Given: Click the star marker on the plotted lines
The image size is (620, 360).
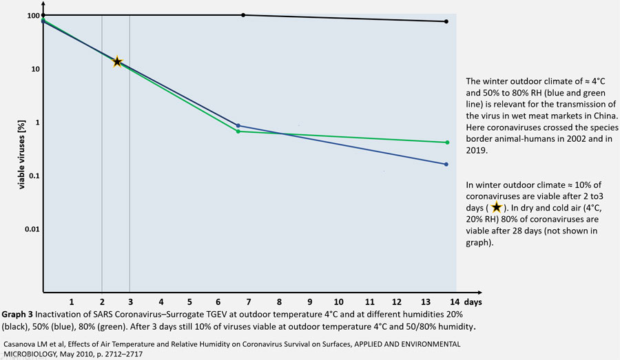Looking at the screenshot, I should (118, 62).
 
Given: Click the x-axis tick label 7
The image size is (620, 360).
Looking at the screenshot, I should (249, 302).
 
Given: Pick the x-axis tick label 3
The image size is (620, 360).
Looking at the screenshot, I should (131, 302).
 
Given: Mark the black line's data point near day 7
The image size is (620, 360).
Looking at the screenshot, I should (243, 15).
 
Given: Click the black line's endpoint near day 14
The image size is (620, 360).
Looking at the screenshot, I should (446, 21).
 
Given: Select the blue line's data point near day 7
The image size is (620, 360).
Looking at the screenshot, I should (238, 125).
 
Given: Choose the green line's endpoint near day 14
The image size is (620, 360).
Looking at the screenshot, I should (447, 142).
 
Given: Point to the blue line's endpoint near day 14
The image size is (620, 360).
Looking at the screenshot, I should (446, 164).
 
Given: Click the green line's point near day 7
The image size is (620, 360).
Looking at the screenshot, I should (238, 131).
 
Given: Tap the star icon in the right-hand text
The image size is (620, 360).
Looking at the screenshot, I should (497, 207).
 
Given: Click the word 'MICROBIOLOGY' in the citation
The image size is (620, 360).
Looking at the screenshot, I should (30, 354).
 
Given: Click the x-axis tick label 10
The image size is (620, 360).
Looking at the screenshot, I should (338, 302).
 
